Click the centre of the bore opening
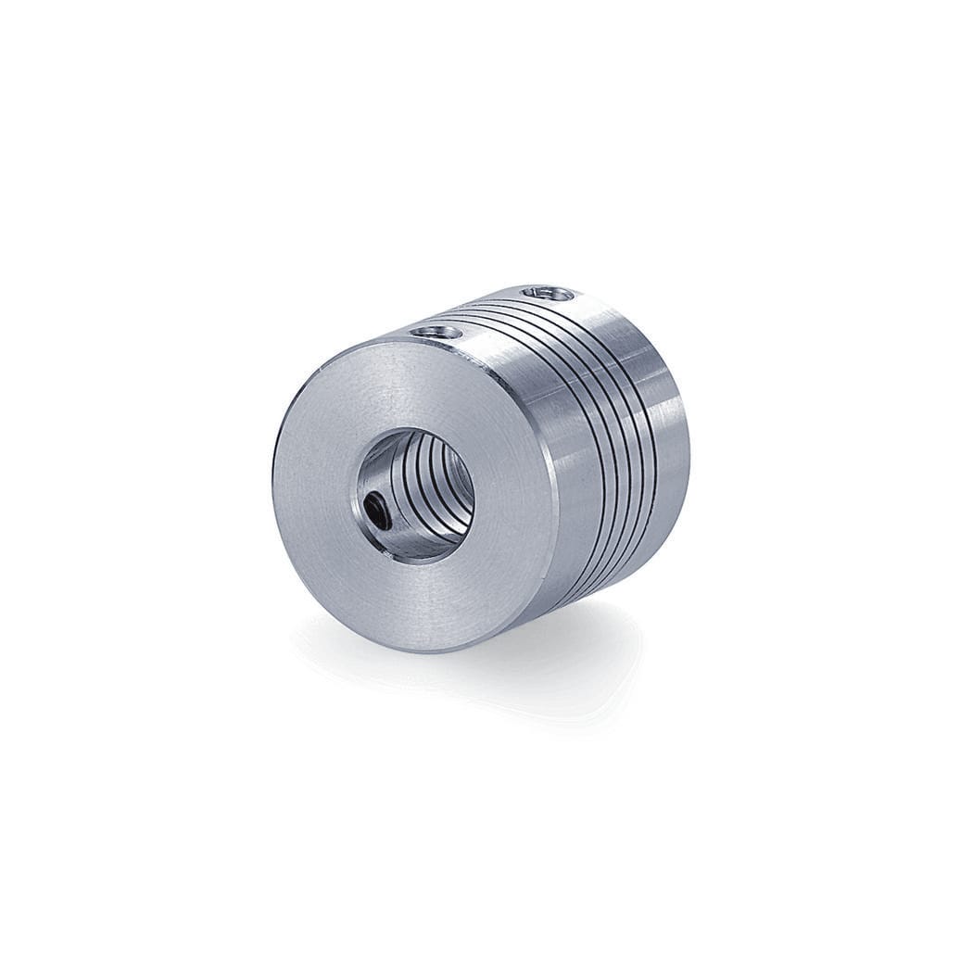point(417,494)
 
